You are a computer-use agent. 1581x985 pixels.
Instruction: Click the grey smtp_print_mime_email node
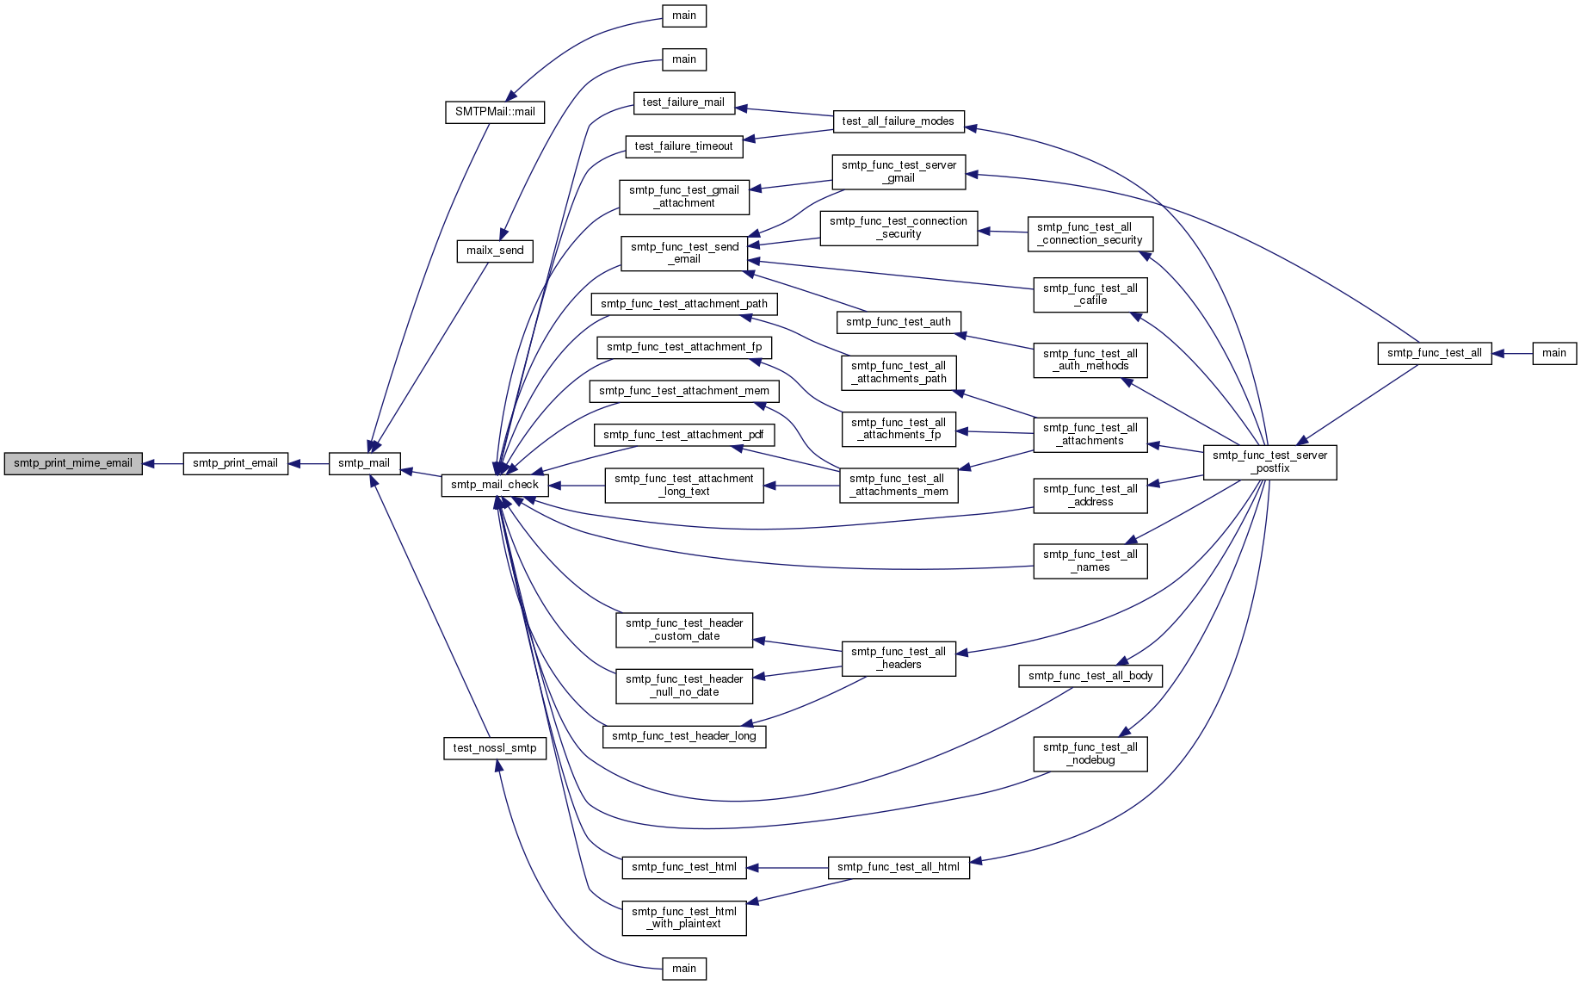point(73,463)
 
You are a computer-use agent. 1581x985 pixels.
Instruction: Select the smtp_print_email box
point(235,463)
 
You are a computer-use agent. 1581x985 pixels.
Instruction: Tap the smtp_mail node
point(364,463)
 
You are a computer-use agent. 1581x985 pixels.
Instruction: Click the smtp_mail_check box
point(495,485)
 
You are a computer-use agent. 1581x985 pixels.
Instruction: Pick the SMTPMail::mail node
point(495,112)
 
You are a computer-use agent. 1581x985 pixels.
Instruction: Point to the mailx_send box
point(495,251)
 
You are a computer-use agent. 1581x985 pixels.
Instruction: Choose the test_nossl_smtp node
point(495,748)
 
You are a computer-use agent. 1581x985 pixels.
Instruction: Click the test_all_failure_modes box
point(899,121)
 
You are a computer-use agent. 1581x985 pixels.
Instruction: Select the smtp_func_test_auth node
point(899,322)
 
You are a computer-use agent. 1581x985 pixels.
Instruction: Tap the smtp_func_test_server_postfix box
point(1270,462)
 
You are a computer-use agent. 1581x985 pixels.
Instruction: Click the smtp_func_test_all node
point(1435,353)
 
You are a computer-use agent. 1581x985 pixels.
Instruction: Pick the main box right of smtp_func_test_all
point(1554,353)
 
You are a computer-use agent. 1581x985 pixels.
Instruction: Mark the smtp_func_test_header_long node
point(684,736)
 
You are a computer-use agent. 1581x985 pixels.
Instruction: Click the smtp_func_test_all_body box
point(1090,676)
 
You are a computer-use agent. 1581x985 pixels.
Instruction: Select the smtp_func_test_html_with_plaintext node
point(684,918)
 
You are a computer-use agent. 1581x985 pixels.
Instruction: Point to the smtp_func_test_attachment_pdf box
point(684,435)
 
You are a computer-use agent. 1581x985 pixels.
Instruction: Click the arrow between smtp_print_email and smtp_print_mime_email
point(163,464)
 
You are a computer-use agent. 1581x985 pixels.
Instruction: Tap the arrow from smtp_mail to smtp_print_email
point(308,464)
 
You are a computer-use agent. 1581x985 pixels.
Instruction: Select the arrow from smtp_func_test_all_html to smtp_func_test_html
point(787,868)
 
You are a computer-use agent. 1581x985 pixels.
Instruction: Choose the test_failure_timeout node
point(684,146)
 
